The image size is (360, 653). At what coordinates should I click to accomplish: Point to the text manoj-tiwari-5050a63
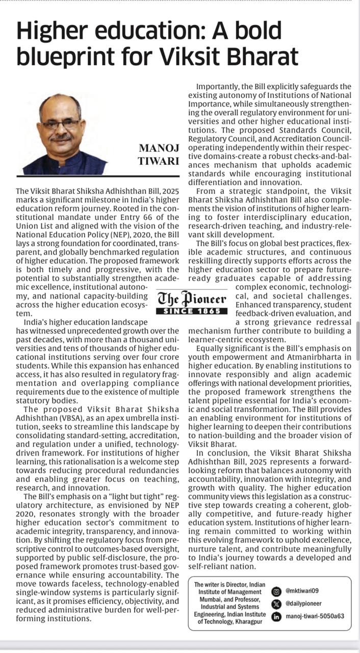coord(315,616)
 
